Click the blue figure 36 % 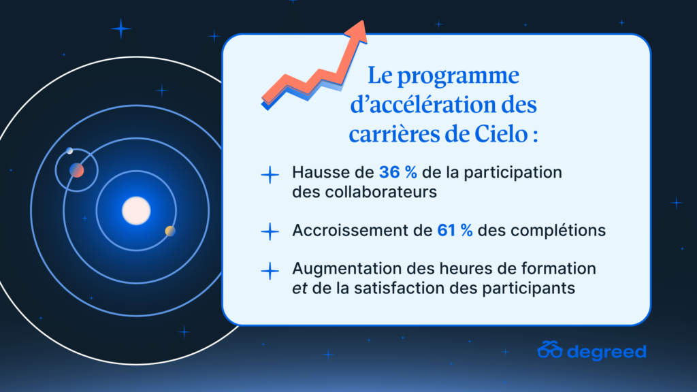click(398, 172)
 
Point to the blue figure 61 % click(455, 230)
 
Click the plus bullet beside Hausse click(270, 175)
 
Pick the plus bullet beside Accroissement click(270, 231)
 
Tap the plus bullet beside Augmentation click(270, 271)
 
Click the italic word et click(299, 289)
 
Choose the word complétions click(558, 231)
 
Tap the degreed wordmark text click(606, 352)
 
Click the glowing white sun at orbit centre click(136, 211)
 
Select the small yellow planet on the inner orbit click(170, 231)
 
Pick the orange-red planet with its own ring click(76, 170)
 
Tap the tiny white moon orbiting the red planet click(69, 151)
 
